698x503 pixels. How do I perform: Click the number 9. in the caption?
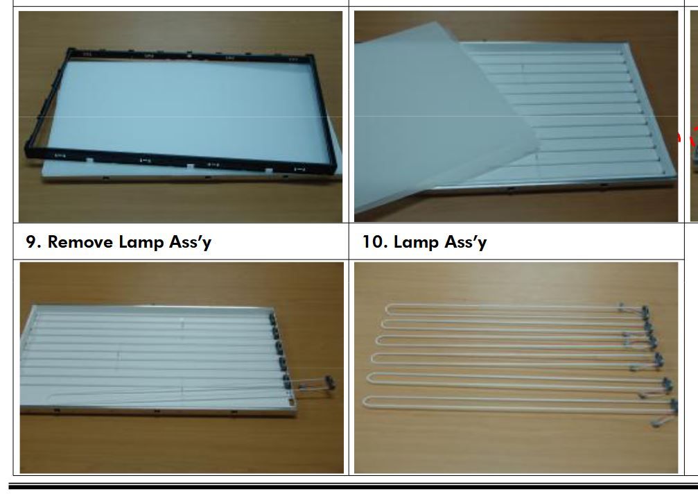(x=33, y=242)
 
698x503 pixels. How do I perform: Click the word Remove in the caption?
(x=80, y=242)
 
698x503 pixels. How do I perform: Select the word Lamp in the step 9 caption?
(x=141, y=243)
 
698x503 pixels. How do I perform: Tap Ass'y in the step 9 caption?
(x=190, y=243)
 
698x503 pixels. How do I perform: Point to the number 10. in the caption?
(x=374, y=242)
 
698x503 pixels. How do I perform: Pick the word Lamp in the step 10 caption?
(x=416, y=243)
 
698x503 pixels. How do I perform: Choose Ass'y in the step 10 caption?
(x=465, y=243)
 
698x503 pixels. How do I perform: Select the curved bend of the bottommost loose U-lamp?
(x=364, y=402)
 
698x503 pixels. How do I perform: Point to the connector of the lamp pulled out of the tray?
(x=330, y=383)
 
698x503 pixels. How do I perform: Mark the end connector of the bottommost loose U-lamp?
(x=674, y=405)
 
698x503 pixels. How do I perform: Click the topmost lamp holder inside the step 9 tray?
(x=272, y=318)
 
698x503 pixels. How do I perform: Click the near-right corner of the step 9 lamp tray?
(x=294, y=413)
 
